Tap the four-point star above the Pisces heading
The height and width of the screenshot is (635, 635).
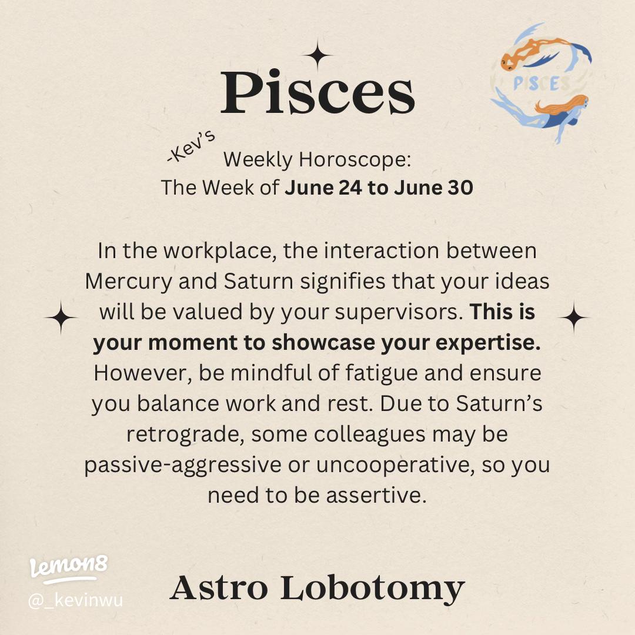pyautogui.click(x=317, y=56)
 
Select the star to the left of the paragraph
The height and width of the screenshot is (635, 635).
pyautogui.click(x=61, y=317)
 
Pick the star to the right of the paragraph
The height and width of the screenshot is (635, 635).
pyautogui.click(x=573, y=317)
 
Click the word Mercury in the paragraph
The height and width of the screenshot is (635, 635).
pyautogui.click(x=131, y=281)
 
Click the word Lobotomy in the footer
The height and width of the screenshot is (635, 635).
pyautogui.click(x=372, y=588)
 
